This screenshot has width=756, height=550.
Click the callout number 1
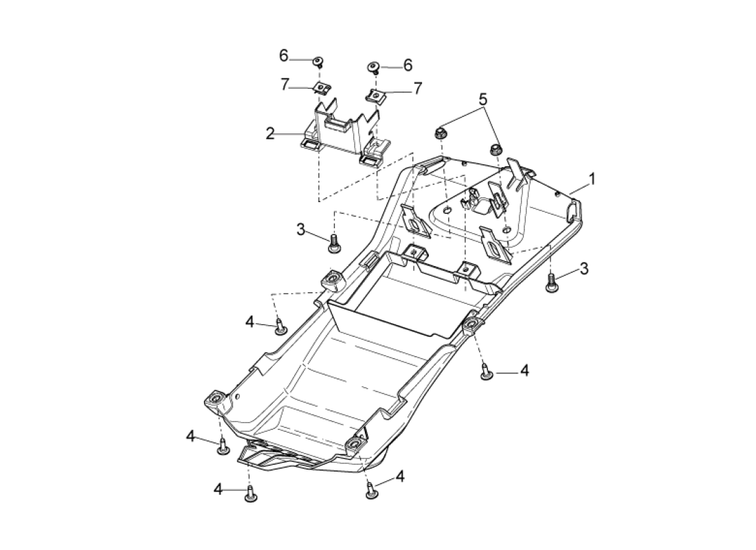(x=592, y=179)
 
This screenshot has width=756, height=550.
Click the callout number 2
(x=271, y=133)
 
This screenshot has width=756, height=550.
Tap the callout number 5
(x=483, y=100)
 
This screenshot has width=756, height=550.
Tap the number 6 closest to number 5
(x=408, y=65)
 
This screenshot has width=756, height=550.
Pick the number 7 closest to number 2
(x=285, y=85)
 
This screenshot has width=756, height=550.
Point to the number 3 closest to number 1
(x=584, y=268)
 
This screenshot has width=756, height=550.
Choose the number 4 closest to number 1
(x=524, y=371)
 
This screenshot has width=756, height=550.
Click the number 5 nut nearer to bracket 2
(x=440, y=133)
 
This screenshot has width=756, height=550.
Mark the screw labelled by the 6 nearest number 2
(x=318, y=61)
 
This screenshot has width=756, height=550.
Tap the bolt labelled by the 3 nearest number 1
(x=550, y=283)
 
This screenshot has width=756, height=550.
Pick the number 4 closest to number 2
(x=249, y=322)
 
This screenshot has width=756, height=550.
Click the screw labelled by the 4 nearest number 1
(x=486, y=371)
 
